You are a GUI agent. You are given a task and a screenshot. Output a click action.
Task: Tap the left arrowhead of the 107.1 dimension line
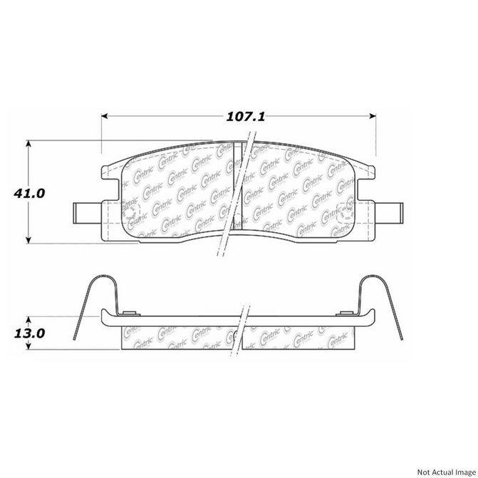coord(105,115)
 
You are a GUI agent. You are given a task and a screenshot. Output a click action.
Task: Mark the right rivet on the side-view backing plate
coord(349,314)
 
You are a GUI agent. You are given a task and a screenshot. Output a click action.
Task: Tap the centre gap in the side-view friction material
coord(241,338)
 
